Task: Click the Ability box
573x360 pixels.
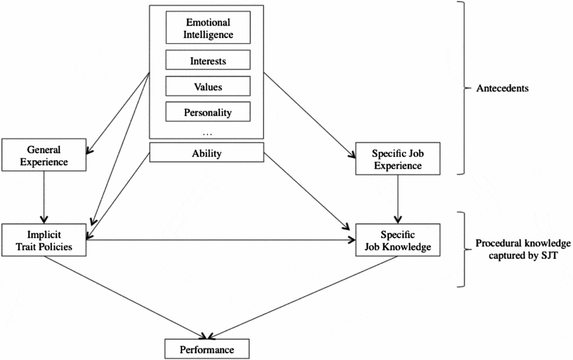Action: (206, 153)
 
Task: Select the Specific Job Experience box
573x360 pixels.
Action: (398, 160)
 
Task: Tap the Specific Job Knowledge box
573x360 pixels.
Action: (398, 240)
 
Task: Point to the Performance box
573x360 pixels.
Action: (208, 349)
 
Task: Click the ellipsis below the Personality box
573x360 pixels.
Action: (208, 132)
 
